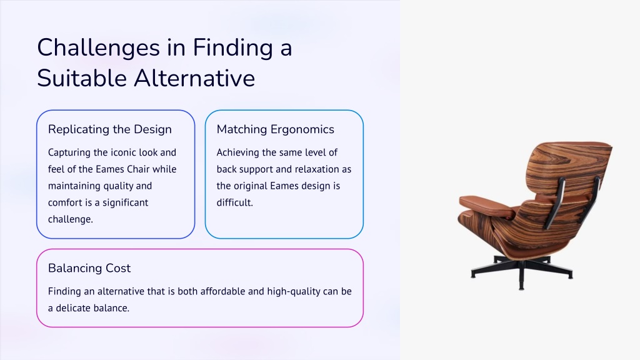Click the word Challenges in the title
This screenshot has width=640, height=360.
point(98,48)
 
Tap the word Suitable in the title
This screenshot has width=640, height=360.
point(82,78)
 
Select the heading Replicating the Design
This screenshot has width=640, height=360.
point(110,129)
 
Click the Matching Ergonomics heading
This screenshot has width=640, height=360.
point(276,129)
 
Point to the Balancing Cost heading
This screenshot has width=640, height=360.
point(89,268)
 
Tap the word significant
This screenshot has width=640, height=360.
point(125,203)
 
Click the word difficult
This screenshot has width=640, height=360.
point(235,203)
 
